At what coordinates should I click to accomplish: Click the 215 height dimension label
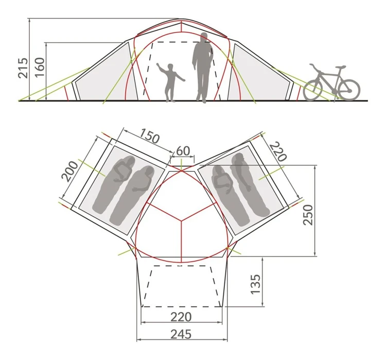pyautogui.click(x=23, y=68)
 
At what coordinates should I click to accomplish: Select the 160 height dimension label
pyautogui.click(x=40, y=67)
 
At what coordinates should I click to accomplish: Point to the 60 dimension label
pyautogui.click(x=183, y=151)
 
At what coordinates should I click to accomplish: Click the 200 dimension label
pyautogui.click(x=70, y=172)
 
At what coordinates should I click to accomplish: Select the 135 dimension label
pyautogui.click(x=255, y=284)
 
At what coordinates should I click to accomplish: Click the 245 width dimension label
pyautogui.click(x=181, y=335)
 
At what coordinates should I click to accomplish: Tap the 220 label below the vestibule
pyautogui.click(x=181, y=317)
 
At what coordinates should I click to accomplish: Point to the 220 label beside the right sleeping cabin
pyautogui.click(x=278, y=151)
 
